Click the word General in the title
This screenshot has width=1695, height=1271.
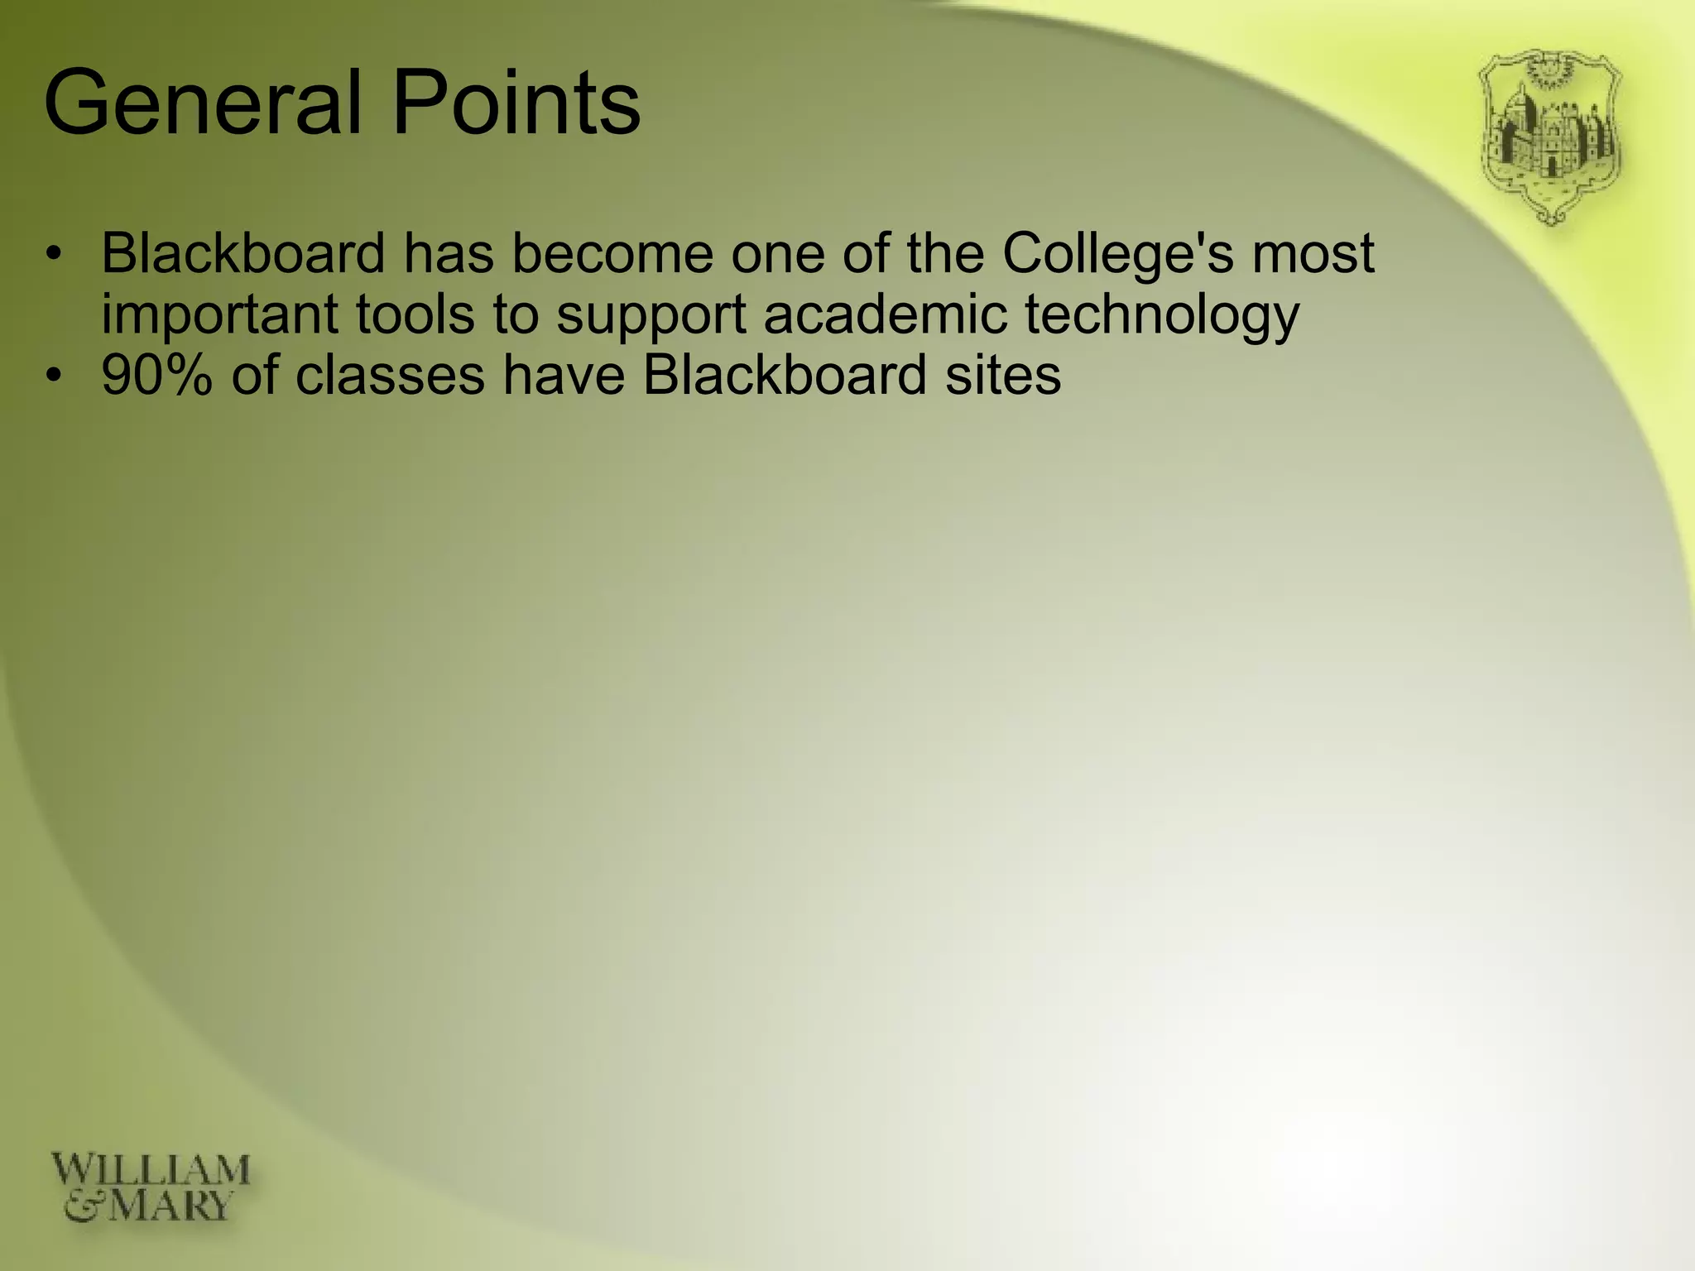pos(204,103)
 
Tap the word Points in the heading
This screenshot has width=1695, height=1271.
pos(516,103)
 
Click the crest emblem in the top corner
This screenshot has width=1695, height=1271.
pos(1549,137)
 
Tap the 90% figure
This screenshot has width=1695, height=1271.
pos(156,375)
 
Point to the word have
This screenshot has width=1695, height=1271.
pos(563,375)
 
